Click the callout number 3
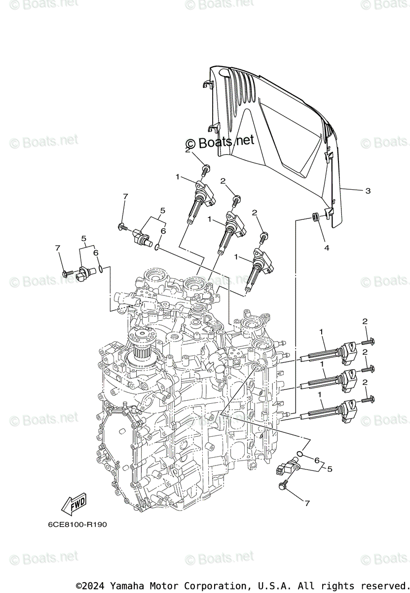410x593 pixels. point(368,190)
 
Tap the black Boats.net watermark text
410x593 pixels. point(220,142)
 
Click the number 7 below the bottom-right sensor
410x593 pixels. point(307,504)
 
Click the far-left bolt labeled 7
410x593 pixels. point(66,273)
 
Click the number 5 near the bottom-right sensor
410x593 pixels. point(330,468)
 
